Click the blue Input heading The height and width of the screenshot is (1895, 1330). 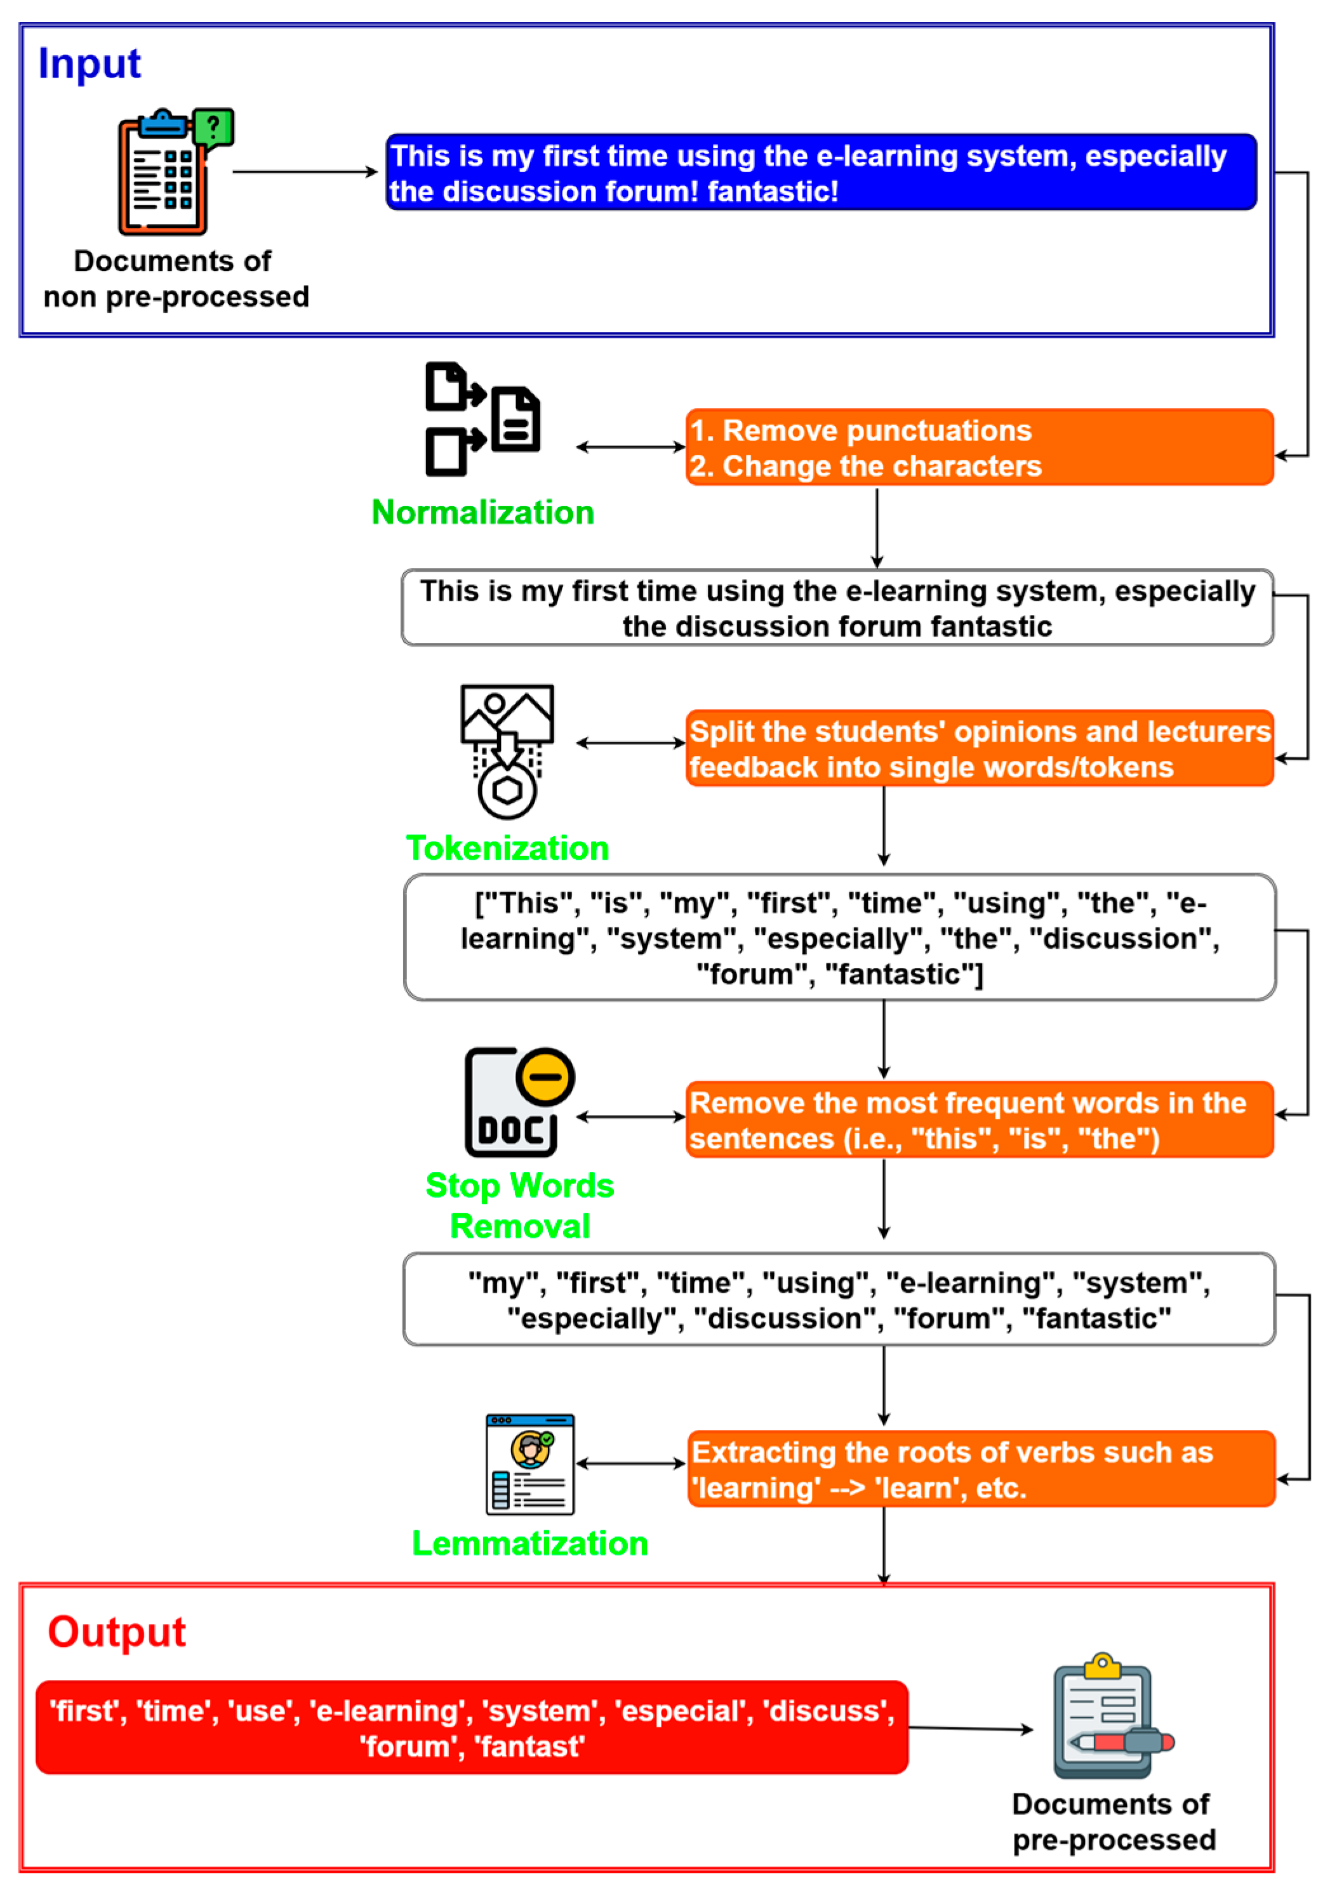pos(89,63)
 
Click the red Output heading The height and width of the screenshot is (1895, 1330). pos(116,1631)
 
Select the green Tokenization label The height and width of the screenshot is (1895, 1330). pos(507,848)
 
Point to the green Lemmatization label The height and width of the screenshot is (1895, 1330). pos(529,1543)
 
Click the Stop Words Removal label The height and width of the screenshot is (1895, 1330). pos(519,1206)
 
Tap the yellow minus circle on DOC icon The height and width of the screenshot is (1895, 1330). pos(545,1076)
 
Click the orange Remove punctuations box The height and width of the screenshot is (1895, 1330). pos(978,447)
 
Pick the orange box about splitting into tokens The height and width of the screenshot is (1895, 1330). pos(978,749)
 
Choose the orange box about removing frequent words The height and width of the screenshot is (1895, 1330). pos(978,1120)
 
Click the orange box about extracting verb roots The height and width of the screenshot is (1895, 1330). pos(980,1469)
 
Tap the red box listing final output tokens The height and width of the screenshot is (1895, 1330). pos(472,1727)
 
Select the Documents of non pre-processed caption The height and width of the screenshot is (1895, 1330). pos(175,279)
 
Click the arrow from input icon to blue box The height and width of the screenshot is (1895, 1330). pos(304,172)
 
